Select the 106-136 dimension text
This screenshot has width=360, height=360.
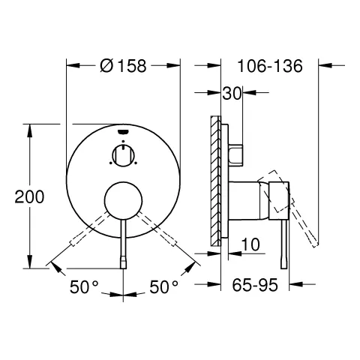click(x=271, y=65)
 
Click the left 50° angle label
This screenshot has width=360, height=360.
click(x=85, y=286)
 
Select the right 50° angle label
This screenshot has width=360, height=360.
click(x=163, y=286)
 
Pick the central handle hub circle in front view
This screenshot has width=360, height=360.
click(x=123, y=200)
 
